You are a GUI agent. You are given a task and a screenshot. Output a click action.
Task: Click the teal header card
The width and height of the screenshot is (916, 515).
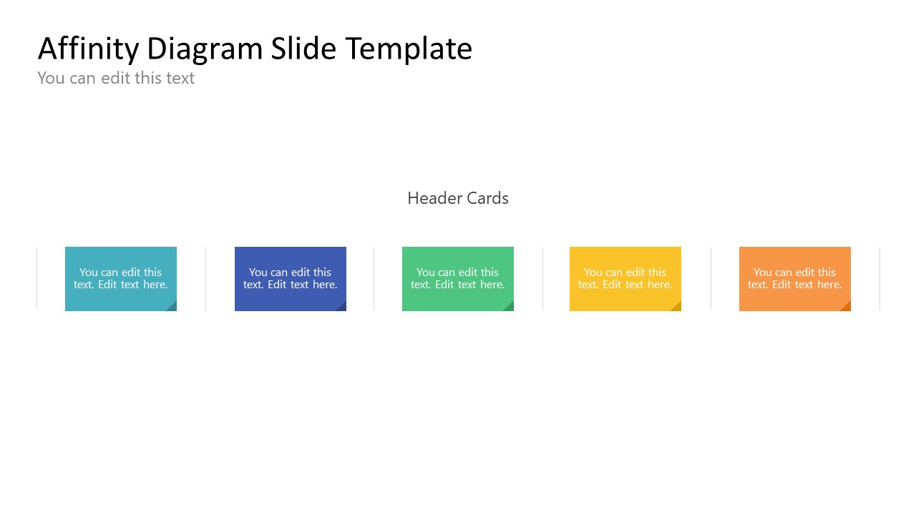click(120, 278)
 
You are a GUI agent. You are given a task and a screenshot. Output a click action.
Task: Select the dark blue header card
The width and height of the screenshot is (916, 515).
click(290, 278)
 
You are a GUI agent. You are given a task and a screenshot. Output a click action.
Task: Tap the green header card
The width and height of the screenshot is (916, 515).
click(457, 278)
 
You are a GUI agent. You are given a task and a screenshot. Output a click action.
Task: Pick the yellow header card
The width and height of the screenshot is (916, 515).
click(625, 278)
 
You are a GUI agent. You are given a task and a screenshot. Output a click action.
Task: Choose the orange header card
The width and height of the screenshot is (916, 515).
click(794, 278)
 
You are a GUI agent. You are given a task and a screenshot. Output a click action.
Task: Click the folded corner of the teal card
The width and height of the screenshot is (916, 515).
click(172, 307)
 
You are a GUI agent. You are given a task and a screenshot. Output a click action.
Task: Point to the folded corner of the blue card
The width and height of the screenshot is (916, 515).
click(342, 307)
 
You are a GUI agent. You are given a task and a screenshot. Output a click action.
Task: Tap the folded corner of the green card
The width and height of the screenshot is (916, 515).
click(510, 307)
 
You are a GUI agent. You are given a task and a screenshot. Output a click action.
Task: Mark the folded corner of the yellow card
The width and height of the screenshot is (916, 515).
click(677, 307)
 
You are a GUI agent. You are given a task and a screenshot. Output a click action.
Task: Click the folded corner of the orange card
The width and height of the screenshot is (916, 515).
click(847, 307)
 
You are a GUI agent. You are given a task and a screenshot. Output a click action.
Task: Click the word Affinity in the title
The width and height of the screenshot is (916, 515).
click(88, 49)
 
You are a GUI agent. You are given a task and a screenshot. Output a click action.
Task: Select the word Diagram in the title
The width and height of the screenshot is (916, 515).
click(204, 49)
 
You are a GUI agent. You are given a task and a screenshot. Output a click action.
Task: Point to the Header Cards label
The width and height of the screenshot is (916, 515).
click(457, 198)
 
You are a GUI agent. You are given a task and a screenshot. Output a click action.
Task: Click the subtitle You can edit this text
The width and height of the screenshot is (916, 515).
click(116, 78)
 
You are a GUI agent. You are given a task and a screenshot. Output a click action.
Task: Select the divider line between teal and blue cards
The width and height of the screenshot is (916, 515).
click(205, 278)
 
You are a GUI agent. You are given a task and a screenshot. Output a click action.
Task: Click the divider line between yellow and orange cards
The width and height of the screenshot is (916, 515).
click(711, 278)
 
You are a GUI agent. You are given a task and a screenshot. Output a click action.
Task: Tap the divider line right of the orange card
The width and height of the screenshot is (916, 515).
click(880, 278)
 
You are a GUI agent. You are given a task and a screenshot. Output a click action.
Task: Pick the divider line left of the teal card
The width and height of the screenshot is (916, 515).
click(36, 278)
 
